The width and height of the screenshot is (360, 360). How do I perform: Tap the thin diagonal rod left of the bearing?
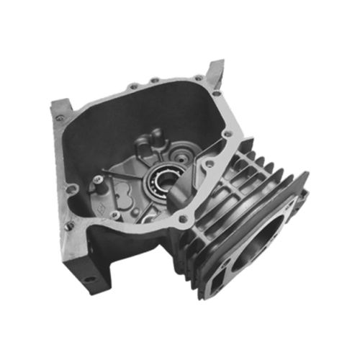[x=127, y=176]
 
